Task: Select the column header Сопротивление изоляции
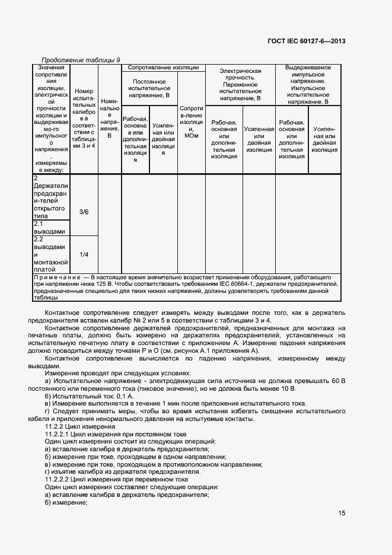point(163,68)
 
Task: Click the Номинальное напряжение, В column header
point(110,119)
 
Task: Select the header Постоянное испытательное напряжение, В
point(149,88)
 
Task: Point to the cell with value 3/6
point(84,212)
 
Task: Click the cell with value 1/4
point(84,254)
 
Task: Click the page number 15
point(342,513)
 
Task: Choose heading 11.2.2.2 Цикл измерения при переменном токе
point(108,479)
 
